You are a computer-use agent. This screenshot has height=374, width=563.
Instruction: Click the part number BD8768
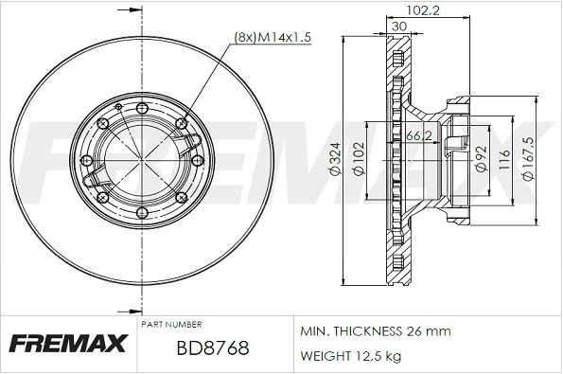pyautogui.click(x=213, y=347)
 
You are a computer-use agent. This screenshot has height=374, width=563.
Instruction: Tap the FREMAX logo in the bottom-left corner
pyautogui.click(x=68, y=343)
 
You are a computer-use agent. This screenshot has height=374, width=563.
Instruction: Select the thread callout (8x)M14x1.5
pyautogui.click(x=273, y=37)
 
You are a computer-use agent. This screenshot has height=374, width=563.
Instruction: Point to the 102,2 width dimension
pyautogui.click(x=423, y=10)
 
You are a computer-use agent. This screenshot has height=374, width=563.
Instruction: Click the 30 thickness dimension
pyautogui.click(x=399, y=27)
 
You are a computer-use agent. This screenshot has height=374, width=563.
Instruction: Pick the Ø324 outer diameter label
pyautogui.click(x=335, y=159)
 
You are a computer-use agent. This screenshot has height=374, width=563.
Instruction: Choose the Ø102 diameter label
pyautogui.click(x=359, y=159)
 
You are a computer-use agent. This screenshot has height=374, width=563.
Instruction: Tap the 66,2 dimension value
pyautogui.click(x=418, y=135)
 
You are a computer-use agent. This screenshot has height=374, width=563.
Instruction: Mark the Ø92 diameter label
pyautogui.click(x=481, y=158)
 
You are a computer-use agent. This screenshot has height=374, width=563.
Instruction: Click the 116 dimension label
pyautogui.click(x=504, y=159)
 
